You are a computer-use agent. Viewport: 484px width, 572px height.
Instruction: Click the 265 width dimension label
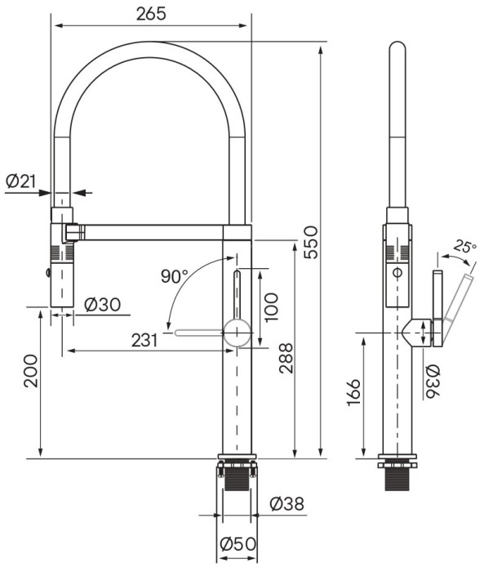(152, 13)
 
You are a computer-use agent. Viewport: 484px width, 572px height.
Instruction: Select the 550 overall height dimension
(311, 242)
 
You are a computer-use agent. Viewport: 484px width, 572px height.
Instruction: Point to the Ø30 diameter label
(102, 304)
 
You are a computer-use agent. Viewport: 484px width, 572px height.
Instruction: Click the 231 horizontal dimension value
(144, 340)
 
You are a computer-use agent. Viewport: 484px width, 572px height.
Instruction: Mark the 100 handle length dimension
(273, 307)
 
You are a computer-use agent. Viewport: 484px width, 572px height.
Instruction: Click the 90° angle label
(175, 276)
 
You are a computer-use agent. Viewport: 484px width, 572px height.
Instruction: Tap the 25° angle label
(464, 246)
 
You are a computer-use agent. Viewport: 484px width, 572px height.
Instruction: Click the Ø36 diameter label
(433, 381)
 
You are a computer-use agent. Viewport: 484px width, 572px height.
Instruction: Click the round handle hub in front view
(237, 332)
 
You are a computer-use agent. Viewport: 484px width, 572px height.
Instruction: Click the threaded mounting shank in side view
(399, 478)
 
